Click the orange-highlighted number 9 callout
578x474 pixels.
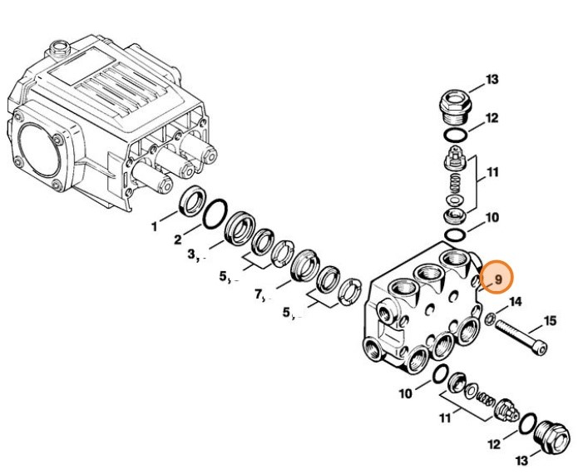pyautogui.click(x=497, y=280)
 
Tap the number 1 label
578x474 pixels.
pyautogui.click(x=153, y=225)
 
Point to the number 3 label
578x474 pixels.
pyautogui.click(x=191, y=255)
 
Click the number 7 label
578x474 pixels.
pyautogui.click(x=259, y=294)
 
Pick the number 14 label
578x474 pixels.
pyautogui.click(x=516, y=302)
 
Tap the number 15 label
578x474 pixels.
pyautogui.click(x=550, y=320)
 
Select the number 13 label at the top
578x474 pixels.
pyautogui.click(x=492, y=80)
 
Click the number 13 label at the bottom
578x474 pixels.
pyautogui.click(x=521, y=460)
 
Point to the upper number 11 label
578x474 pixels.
pyautogui.click(x=492, y=173)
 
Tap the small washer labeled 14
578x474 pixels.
pyautogui.click(x=492, y=316)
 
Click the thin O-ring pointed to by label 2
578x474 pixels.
pyautogui.click(x=214, y=212)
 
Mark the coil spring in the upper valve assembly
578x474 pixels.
pyautogui.click(x=454, y=181)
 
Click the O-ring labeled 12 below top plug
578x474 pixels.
pyautogui.click(x=453, y=135)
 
